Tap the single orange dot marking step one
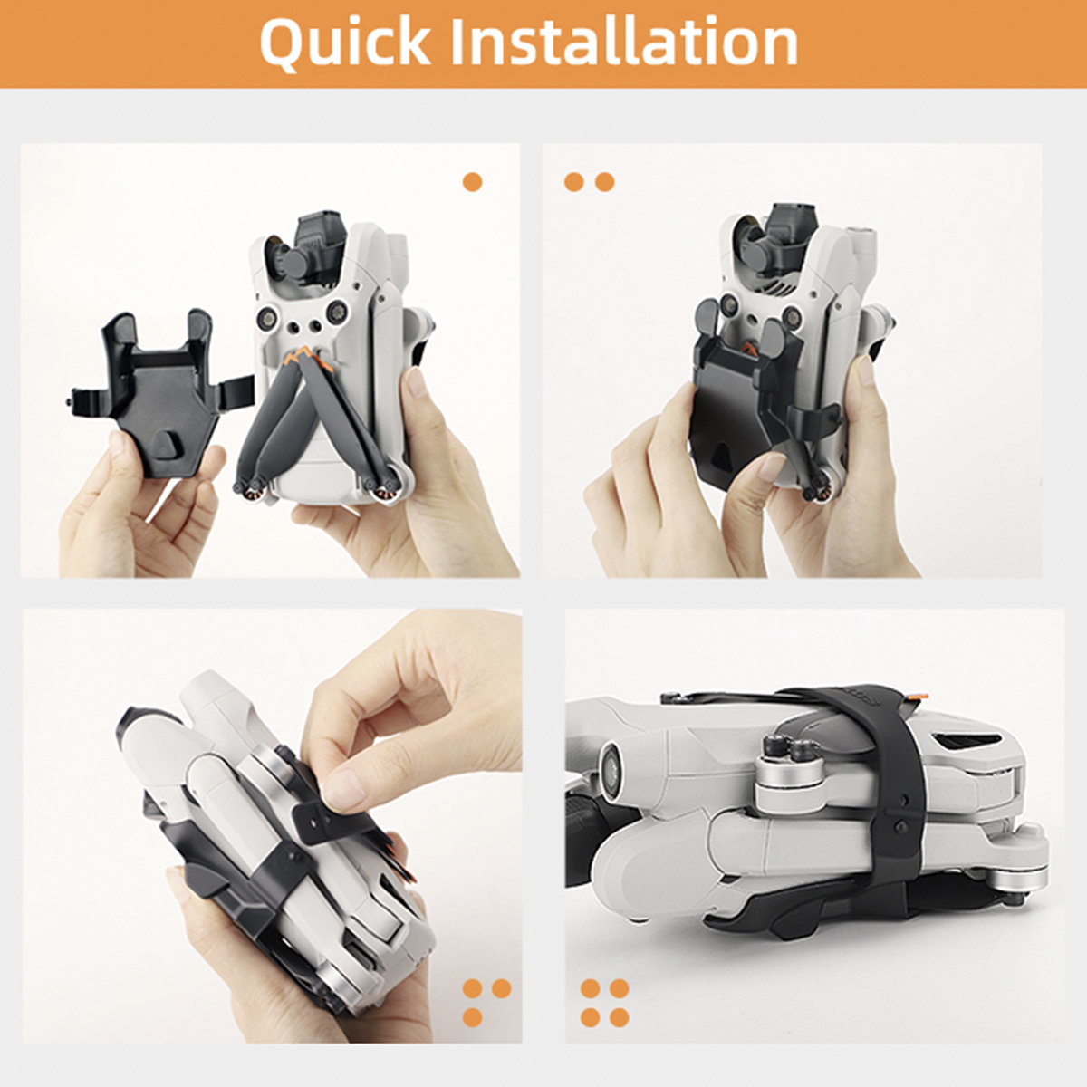(x=472, y=182)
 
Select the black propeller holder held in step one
(x=158, y=395)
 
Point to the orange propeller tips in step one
(x=307, y=357)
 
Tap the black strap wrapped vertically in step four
(x=897, y=801)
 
